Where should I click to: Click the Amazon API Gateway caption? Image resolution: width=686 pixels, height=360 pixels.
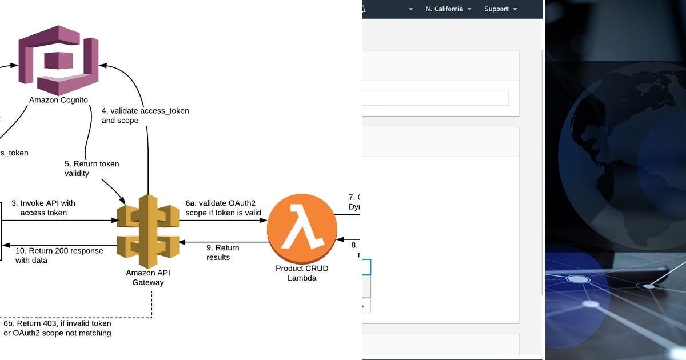148,277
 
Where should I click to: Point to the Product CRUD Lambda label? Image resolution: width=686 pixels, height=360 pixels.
302,273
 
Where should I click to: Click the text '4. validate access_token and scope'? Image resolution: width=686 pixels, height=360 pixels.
145,115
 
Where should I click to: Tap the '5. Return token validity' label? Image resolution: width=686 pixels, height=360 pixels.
91,168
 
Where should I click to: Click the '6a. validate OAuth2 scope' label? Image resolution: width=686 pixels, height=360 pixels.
223,208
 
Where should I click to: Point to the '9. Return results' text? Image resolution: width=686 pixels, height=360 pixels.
222,253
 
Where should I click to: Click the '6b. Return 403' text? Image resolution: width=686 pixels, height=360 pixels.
57,328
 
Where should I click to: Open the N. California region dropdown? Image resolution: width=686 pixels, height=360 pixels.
448,9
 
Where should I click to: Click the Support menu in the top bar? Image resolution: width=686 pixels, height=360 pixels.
500,9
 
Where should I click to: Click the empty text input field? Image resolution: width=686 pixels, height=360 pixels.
434,98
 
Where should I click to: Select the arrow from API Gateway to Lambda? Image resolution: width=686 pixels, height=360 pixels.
223,221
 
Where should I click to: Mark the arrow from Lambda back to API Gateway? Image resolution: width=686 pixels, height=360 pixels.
223,242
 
